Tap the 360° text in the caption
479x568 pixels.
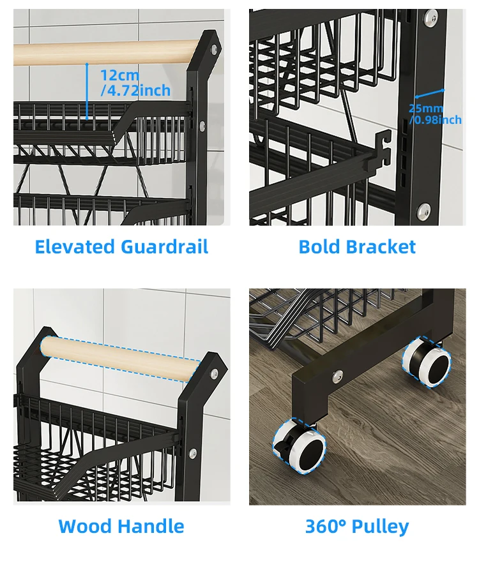pyautogui.click(x=326, y=527)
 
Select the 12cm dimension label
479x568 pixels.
pyautogui.click(x=119, y=75)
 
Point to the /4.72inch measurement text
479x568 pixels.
pyautogui.click(x=135, y=91)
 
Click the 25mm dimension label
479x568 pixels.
pyautogui.click(x=426, y=108)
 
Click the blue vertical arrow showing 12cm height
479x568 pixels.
pyautogui.click(x=87, y=91)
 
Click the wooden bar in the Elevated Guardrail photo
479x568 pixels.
pyautogui.click(x=102, y=52)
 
